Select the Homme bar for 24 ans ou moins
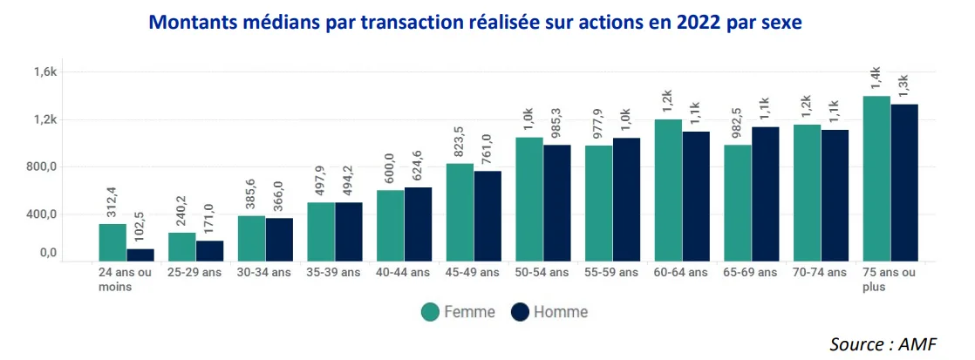[x=140, y=255]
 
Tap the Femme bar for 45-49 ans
[x=460, y=212]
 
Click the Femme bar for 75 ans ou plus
[x=876, y=178]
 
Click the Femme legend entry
[x=458, y=312]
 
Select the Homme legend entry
[x=549, y=312]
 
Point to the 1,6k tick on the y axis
[x=44, y=72]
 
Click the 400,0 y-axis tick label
[x=40, y=214]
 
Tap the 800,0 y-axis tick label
[x=40, y=167]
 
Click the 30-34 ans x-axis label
[x=266, y=273]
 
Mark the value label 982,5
[x=739, y=122]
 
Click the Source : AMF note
[x=883, y=344]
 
